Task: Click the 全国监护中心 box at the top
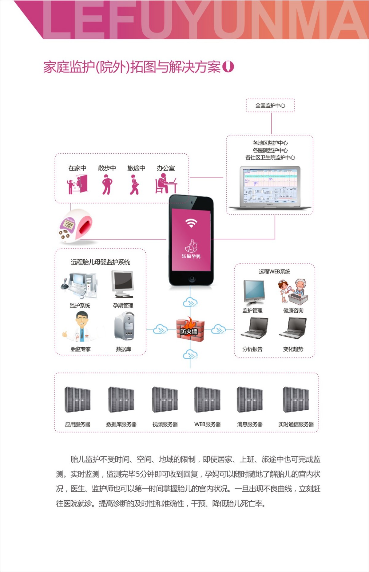(x=270, y=105)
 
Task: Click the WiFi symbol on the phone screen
(x=191, y=223)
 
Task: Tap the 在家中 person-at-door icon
(x=77, y=184)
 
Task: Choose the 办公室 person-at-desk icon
(x=166, y=183)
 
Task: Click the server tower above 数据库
(x=124, y=326)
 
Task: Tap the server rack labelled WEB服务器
(x=207, y=399)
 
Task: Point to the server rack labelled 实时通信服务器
(x=296, y=399)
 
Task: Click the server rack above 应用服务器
(x=77, y=399)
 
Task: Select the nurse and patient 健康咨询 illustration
(x=293, y=292)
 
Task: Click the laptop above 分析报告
(x=254, y=328)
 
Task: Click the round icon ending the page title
(x=228, y=66)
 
